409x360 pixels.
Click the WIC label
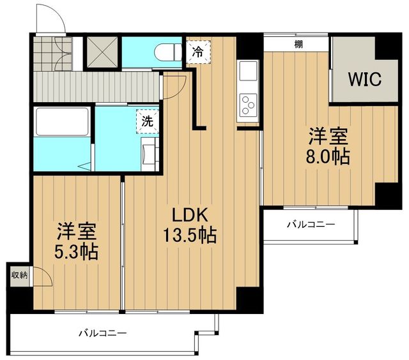coord(364,80)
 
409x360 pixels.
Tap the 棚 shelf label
coord(298,44)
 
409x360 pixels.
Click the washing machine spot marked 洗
coord(147,121)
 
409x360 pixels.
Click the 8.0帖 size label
coord(328,156)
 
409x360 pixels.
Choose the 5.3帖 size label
coord(76,251)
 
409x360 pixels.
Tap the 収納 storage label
coord(19,275)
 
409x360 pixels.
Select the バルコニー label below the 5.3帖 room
coord(103,333)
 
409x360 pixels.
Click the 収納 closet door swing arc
coord(41,276)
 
